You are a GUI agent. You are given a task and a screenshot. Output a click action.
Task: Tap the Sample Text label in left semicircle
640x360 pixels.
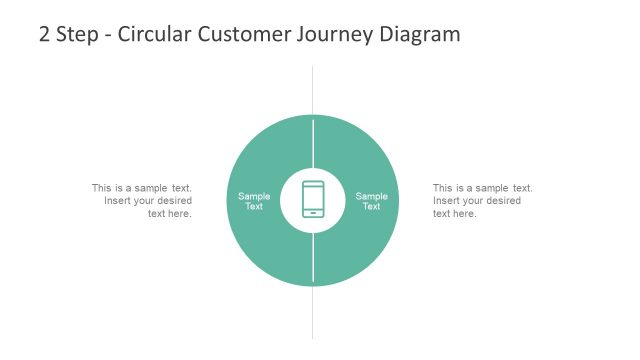tap(254, 201)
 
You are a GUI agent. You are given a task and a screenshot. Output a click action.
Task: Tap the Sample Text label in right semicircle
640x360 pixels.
tap(371, 201)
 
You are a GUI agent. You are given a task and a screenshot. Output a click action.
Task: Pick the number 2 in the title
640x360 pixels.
tap(44, 34)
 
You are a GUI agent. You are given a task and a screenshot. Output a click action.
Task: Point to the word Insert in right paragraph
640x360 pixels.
tap(448, 201)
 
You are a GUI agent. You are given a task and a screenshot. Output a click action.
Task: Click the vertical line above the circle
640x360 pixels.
tap(313, 90)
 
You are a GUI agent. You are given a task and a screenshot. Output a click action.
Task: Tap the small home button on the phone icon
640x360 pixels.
tap(313, 212)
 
